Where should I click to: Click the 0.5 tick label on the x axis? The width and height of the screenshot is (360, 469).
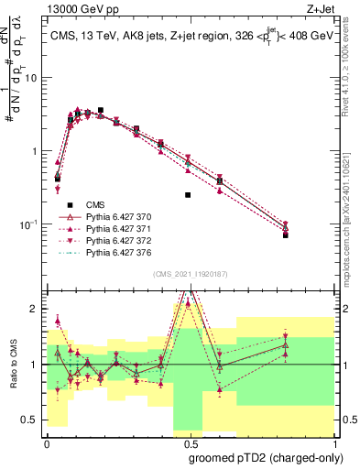[190, 443]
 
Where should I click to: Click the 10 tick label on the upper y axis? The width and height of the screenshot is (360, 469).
[31, 78]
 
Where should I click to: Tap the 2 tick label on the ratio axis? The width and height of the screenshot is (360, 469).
[35, 309]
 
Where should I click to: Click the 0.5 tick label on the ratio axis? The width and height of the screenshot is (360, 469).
[31, 420]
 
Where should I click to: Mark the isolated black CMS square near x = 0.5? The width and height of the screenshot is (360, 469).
[188, 195]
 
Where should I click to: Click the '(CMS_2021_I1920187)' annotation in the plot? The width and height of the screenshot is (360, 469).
[190, 273]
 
